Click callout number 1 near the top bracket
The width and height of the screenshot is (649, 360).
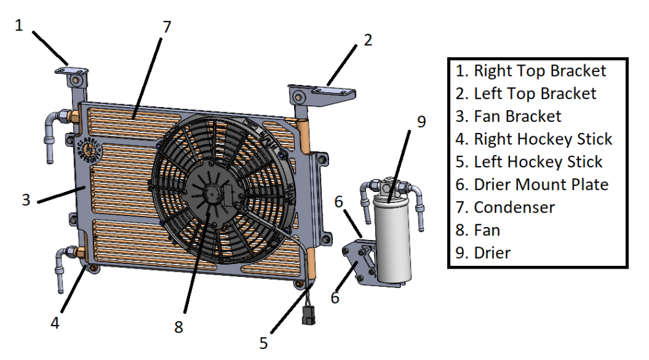19,26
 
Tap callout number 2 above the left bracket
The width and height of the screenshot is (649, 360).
368,40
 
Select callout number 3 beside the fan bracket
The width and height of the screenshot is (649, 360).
26,200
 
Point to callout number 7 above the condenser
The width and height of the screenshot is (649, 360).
167,27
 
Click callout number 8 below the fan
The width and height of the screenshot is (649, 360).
178,328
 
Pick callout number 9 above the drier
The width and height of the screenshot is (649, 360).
421,122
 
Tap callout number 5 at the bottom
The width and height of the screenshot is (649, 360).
263,343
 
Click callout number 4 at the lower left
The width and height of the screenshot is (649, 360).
55,323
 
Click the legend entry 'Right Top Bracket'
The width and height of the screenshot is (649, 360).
531,71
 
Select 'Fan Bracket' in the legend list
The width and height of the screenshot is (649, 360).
508,116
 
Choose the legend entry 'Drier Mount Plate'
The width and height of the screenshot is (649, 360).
532,185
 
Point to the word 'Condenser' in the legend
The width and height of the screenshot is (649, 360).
514,208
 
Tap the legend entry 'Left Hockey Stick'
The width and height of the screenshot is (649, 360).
529,162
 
